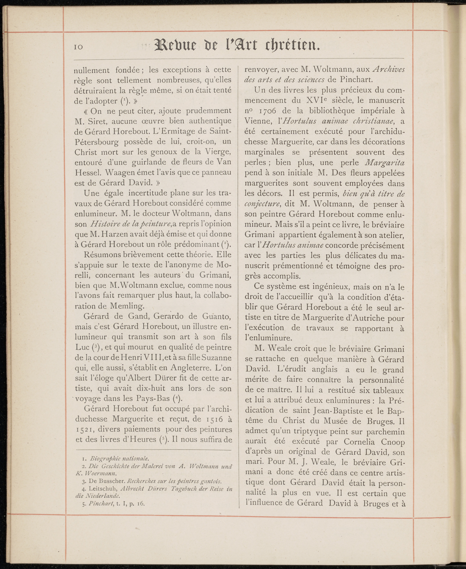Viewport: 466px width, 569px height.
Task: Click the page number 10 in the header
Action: coord(79,47)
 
